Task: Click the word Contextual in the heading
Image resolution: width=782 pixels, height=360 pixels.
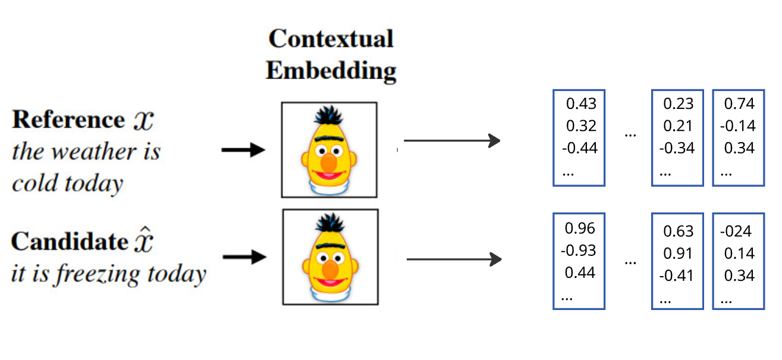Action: [331, 39]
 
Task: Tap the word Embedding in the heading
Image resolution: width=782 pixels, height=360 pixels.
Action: [331, 71]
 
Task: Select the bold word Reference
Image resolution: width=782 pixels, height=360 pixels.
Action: [67, 120]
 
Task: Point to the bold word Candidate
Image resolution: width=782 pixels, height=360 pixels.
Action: [69, 242]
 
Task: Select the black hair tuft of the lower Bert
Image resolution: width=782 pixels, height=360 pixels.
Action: [329, 223]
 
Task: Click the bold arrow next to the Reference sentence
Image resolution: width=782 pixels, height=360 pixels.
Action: [243, 150]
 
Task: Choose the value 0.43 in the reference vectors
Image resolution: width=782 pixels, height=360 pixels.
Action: [580, 104]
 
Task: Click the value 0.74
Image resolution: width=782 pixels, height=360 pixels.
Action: [739, 104]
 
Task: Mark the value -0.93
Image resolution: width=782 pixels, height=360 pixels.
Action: [578, 251]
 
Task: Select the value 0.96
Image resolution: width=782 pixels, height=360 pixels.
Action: [580, 228]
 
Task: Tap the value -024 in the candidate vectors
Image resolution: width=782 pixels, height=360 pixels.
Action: [736, 231]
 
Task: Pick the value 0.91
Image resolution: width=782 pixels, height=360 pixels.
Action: [678, 253]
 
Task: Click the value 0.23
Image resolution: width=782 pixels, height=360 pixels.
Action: [679, 104]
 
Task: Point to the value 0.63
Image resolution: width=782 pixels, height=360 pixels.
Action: [678, 231]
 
